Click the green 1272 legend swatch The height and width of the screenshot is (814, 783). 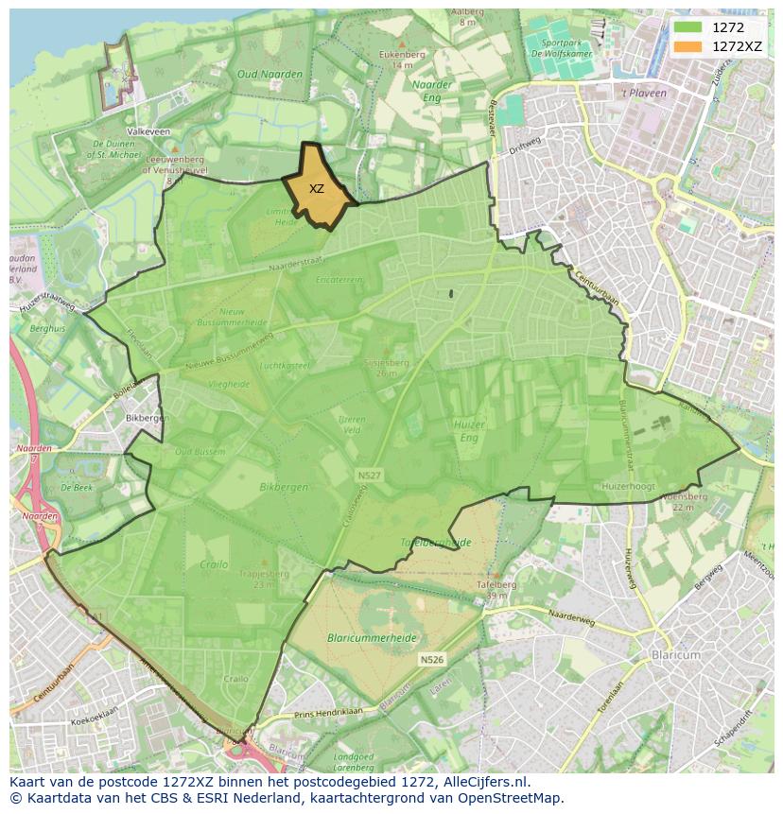click(x=687, y=27)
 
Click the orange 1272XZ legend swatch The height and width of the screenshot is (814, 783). click(x=687, y=46)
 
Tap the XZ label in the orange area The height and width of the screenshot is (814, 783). click(x=317, y=189)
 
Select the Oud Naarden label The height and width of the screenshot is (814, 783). click(x=270, y=74)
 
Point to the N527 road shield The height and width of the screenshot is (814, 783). click(x=369, y=475)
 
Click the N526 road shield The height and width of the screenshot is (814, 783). click(x=431, y=659)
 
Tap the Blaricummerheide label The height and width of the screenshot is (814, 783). click(x=372, y=638)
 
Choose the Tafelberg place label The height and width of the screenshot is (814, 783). click(x=496, y=584)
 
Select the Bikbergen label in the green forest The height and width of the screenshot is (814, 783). click(x=283, y=487)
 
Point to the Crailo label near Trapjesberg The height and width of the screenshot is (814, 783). click(x=215, y=564)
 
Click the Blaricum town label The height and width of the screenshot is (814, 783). click(x=675, y=654)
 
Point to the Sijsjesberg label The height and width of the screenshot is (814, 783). click(x=386, y=361)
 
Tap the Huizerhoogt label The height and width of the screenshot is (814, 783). click(x=628, y=486)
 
